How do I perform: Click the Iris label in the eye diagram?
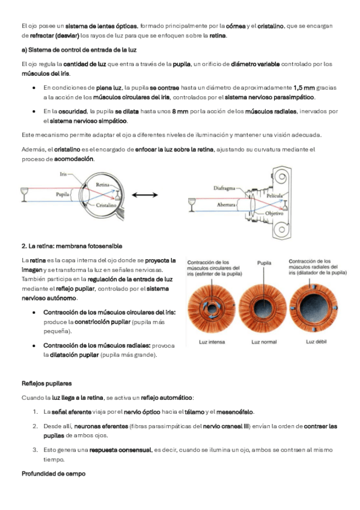(63, 174)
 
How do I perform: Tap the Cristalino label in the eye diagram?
(106, 205)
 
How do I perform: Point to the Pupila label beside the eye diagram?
(63, 194)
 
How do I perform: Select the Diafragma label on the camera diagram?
(224, 188)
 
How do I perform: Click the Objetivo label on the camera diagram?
(274, 214)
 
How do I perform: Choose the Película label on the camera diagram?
(275, 196)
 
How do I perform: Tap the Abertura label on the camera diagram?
(226, 204)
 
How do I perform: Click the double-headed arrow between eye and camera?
(145, 195)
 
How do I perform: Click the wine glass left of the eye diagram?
(25, 194)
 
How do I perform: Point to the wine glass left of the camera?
(192, 205)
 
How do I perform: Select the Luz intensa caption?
(212, 342)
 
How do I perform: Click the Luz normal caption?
(264, 342)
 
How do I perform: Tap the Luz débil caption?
(316, 342)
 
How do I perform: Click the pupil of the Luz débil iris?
(314, 307)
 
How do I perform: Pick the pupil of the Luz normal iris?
(263, 308)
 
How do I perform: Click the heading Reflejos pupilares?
(46, 384)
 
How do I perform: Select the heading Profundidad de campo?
(53, 473)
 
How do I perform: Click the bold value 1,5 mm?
(304, 87)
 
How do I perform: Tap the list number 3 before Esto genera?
(35, 450)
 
